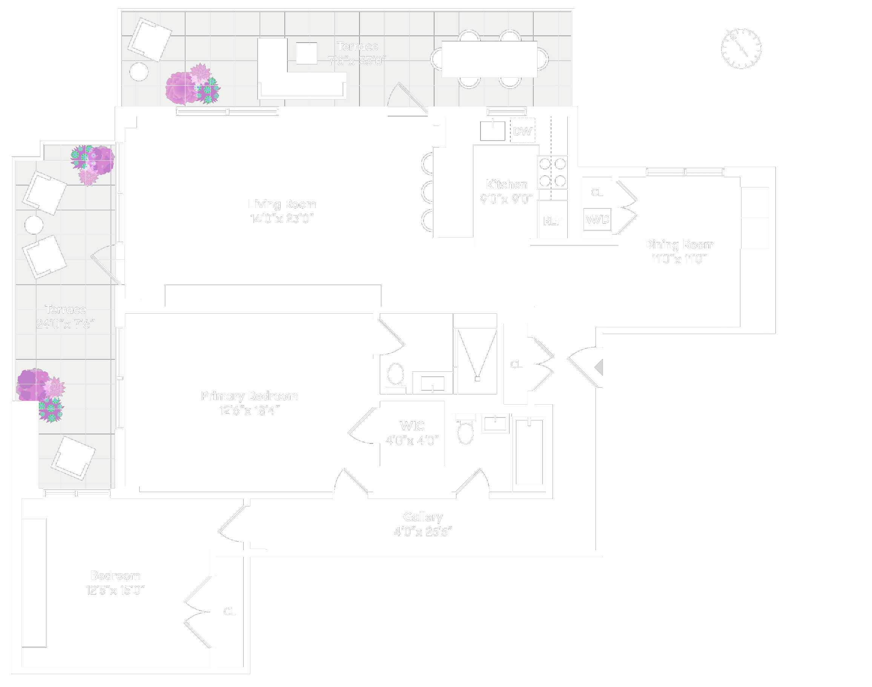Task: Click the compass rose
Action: (741, 49)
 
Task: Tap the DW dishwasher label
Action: (522, 131)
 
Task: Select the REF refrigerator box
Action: (553, 221)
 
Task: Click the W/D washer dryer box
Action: (597, 219)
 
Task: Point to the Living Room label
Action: (282, 204)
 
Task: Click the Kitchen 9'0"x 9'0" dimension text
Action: (506, 199)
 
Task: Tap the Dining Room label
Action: (679, 244)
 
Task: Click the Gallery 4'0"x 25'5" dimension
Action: (422, 532)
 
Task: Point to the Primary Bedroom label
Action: (249, 396)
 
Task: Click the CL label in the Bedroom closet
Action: (229, 611)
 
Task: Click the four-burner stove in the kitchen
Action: (553, 172)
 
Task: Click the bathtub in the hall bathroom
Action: (529, 451)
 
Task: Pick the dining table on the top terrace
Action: (489, 59)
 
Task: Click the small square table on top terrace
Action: (306, 53)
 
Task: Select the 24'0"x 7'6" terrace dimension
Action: (65, 324)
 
